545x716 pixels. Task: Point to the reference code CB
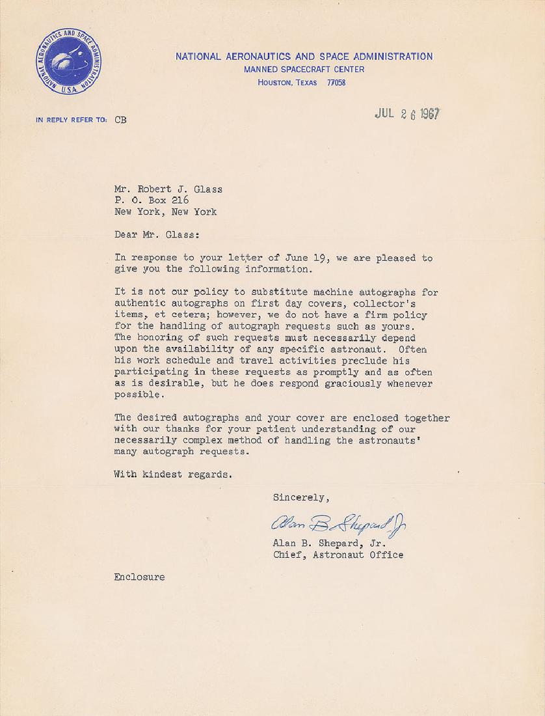pos(120,120)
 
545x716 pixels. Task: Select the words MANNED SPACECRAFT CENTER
pos(304,70)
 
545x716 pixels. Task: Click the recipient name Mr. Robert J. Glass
pos(168,189)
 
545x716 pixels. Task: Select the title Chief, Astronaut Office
pos(338,555)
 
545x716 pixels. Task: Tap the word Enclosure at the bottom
pos(139,577)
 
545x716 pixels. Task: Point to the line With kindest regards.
pos(172,475)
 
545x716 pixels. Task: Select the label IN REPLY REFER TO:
pos(72,120)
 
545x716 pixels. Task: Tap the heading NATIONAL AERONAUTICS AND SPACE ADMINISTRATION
pos(304,57)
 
